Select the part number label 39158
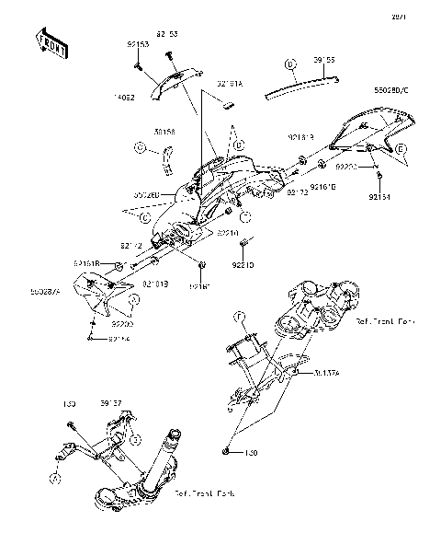tap(165, 132)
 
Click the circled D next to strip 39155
tap(290, 65)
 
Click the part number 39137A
tap(327, 374)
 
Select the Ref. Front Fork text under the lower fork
tap(205, 492)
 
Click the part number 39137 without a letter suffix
tap(110, 402)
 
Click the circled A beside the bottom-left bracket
tap(55, 478)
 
